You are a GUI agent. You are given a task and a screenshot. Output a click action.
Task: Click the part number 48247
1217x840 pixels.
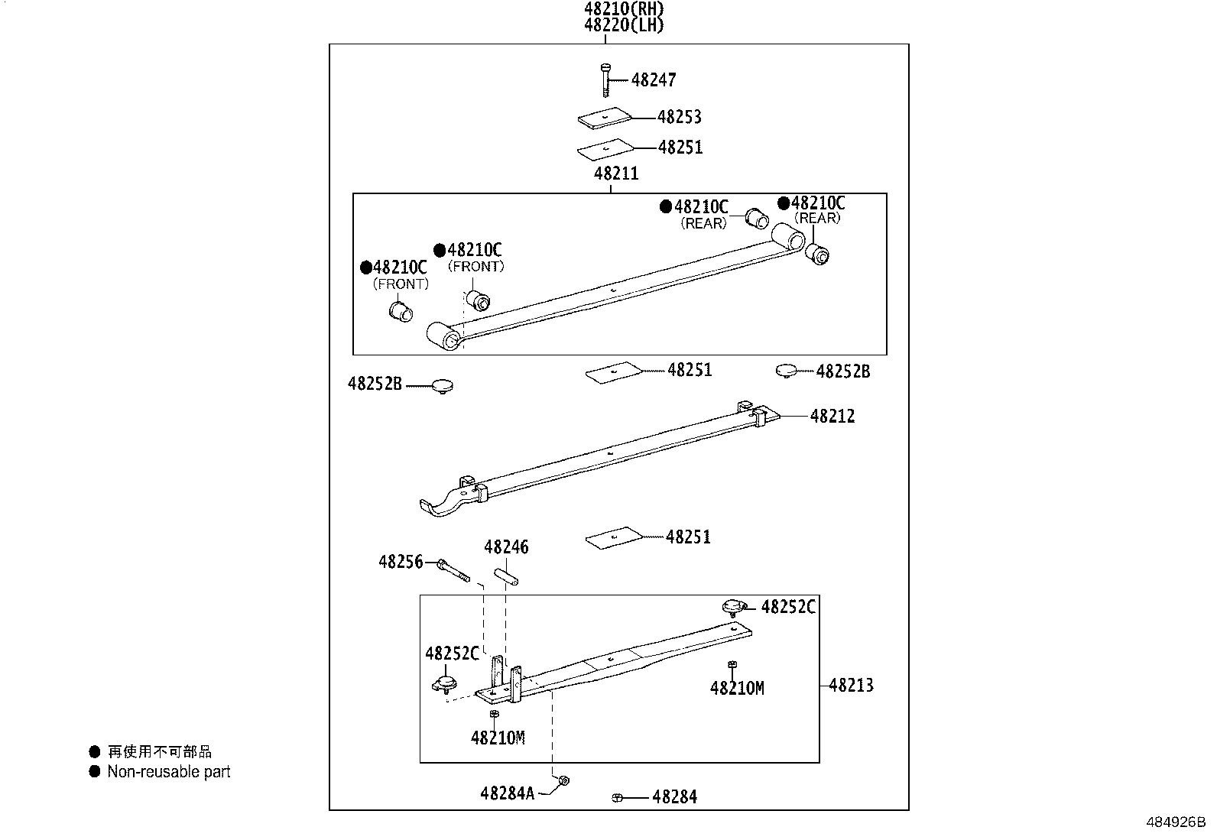pos(654,79)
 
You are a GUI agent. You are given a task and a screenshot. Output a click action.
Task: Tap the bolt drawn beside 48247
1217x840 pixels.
pos(605,79)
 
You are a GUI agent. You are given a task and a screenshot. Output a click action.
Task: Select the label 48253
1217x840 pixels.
pos(680,117)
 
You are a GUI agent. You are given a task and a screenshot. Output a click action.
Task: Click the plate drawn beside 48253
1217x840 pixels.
pos(605,118)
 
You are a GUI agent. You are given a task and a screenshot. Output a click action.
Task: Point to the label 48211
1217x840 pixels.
pos(616,174)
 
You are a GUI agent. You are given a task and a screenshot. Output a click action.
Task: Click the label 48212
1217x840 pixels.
pos(832,417)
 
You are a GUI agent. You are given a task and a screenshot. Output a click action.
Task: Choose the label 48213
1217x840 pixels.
pos(851,685)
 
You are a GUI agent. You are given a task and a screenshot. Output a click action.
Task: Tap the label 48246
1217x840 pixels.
pos(506,547)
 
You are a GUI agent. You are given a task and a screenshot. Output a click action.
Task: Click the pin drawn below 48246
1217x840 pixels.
pos(506,576)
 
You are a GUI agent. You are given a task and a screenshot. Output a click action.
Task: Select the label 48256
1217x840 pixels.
pos(401,563)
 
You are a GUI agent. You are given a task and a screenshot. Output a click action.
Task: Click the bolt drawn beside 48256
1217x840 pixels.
pos(453,570)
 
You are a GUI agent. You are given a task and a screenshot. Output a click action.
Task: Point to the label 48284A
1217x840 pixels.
pos(508,793)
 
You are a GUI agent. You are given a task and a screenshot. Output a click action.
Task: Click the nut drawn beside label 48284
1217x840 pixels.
pos(617,798)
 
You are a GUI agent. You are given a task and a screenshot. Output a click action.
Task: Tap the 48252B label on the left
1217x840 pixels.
pos(375,384)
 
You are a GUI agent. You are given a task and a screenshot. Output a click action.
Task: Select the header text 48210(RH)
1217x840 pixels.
pos(624,9)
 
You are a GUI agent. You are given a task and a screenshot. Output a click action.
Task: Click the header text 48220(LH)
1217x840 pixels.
pos(624,25)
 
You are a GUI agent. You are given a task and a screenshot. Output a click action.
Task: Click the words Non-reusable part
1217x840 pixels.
pos(169,772)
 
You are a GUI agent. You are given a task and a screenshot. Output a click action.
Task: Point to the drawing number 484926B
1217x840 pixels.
pos(1175,823)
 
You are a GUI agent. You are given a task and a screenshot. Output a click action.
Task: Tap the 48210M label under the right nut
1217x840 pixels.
pos(737,688)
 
